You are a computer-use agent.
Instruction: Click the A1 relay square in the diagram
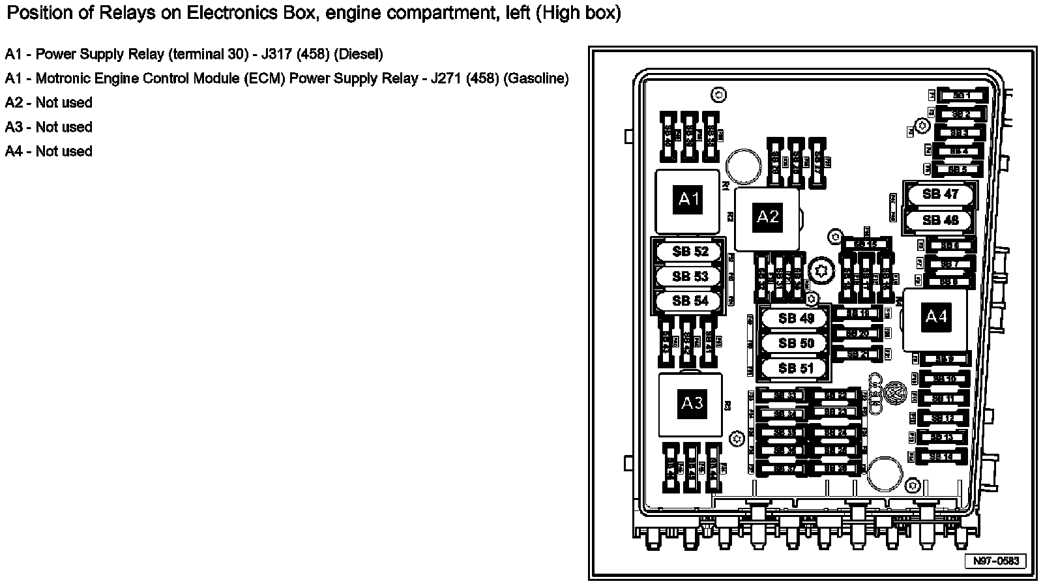[689, 199]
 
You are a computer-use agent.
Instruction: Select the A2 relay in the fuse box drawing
[767, 216]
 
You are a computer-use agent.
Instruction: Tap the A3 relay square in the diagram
[692, 404]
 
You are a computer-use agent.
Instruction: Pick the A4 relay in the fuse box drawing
[935, 317]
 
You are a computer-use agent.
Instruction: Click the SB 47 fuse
[940, 194]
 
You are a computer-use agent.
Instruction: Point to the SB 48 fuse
[940, 220]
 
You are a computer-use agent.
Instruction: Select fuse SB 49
[796, 319]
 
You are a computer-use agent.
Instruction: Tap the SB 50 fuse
[796, 344]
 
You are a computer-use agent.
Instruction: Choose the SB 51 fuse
[796, 368]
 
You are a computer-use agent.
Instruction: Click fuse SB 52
[690, 252]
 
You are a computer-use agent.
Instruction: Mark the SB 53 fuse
[690, 276]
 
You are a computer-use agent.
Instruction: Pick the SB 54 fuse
[690, 301]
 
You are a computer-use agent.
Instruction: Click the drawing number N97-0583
[995, 561]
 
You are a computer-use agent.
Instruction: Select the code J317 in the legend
[278, 54]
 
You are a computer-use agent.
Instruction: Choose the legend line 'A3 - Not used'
[49, 127]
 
